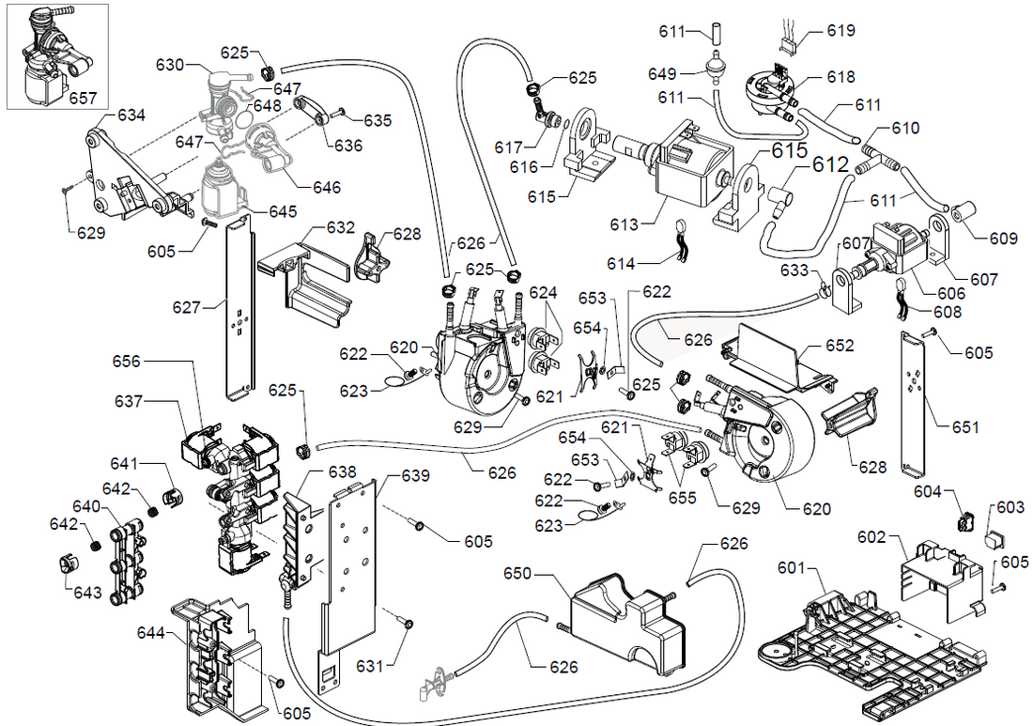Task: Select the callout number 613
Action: pyautogui.click(x=624, y=224)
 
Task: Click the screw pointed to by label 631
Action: pyautogui.click(x=409, y=622)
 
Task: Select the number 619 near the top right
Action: pyautogui.click(x=840, y=31)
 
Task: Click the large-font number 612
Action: pyautogui.click(x=830, y=165)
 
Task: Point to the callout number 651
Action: pyautogui.click(x=964, y=427)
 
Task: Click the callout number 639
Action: pyautogui.click(x=416, y=475)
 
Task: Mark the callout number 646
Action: pyautogui.click(x=327, y=188)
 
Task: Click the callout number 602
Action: pyautogui.click(x=872, y=537)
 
